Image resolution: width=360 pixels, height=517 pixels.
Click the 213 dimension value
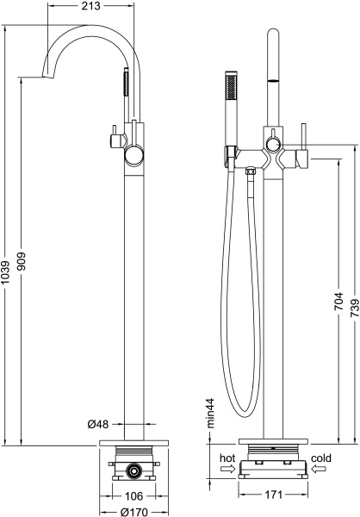pos(90,6)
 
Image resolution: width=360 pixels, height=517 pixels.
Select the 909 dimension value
pos(22,261)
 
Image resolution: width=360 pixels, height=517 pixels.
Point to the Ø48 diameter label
pos(98,424)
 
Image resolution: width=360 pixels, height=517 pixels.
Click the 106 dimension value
pos(134,496)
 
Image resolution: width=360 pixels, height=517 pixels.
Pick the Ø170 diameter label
pos(133,512)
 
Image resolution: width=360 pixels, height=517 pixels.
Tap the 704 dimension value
pos(338,301)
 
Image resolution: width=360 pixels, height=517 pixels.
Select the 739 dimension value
pos(354,308)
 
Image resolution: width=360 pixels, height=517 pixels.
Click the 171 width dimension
pos(273,495)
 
